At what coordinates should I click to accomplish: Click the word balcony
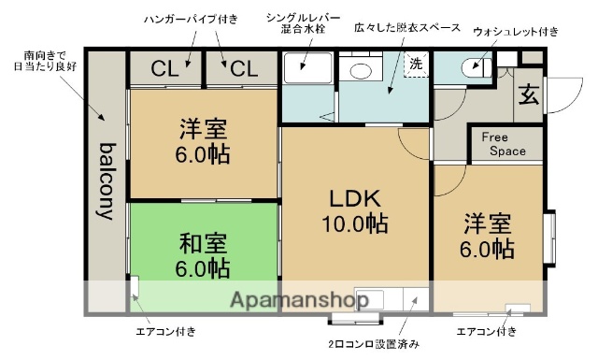click(x=106, y=180)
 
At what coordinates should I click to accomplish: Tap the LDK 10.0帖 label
click(x=352, y=211)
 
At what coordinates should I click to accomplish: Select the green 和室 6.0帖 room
click(x=204, y=255)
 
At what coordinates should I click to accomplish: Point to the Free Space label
click(x=503, y=144)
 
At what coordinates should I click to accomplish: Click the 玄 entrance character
click(x=528, y=94)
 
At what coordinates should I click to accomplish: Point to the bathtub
click(x=306, y=68)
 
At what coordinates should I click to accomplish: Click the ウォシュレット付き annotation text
click(x=516, y=32)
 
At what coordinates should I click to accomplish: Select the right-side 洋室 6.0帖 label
click(x=487, y=237)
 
